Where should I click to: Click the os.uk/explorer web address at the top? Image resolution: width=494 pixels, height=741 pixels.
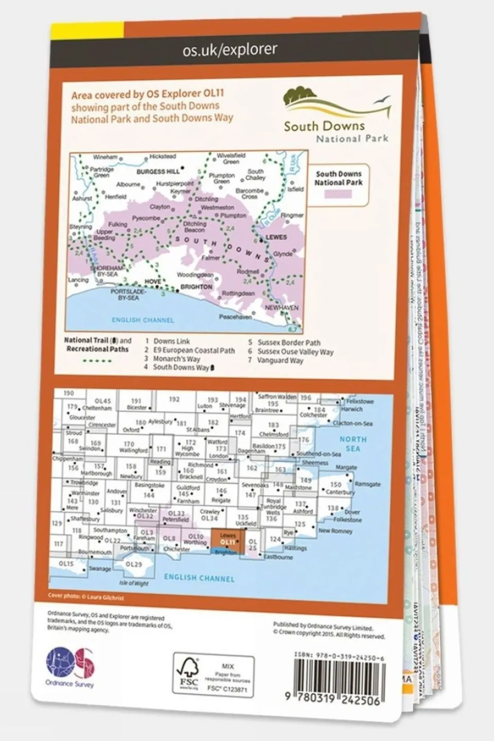(x=230, y=49)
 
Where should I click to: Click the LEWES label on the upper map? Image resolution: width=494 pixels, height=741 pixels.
(x=276, y=237)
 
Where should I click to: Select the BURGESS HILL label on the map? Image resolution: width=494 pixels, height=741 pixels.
(x=158, y=172)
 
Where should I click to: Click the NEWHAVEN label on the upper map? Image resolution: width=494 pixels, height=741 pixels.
(x=281, y=307)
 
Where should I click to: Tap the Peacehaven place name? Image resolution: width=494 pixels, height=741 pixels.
(x=235, y=317)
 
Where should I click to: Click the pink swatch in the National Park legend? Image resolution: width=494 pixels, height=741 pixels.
(x=338, y=194)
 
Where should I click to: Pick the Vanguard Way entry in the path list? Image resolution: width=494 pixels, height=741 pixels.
(x=280, y=360)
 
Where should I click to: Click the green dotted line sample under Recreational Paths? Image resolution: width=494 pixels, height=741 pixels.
(x=97, y=360)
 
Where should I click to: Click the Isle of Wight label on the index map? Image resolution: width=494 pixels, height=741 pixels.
(x=133, y=583)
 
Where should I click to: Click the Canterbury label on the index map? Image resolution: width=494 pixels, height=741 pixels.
(x=340, y=492)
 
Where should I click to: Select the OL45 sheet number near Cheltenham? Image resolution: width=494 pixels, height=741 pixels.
(x=103, y=401)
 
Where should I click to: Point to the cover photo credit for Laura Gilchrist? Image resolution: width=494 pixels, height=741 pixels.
(x=86, y=597)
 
